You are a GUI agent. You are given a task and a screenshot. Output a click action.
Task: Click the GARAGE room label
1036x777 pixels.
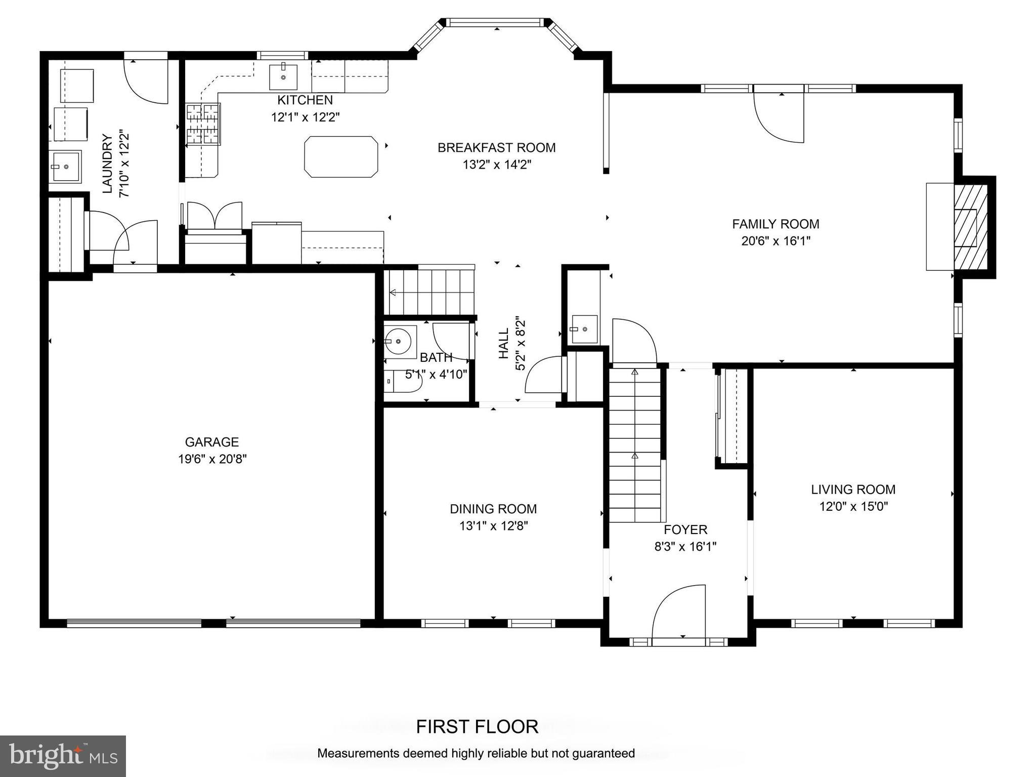tap(211, 442)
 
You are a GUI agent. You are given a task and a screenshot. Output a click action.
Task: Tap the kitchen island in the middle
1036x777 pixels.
tap(341, 156)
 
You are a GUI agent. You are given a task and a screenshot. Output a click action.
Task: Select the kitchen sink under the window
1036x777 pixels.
tap(283, 77)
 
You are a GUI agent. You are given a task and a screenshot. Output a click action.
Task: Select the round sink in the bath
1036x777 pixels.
tap(400, 343)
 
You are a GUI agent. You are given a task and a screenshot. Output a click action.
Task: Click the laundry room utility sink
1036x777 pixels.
tap(65, 166)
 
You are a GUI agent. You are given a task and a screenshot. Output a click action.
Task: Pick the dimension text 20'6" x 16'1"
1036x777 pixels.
tap(775, 241)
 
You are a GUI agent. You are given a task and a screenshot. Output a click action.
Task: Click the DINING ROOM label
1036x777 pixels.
tap(493, 509)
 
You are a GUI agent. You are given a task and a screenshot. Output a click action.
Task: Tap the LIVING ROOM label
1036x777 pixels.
tap(853, 489)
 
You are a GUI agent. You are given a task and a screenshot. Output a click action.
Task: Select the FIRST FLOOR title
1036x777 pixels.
tap(477, 727)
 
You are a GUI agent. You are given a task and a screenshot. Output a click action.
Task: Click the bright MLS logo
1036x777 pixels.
tap(63, 756)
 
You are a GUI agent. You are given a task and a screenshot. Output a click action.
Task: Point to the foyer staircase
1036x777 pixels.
tap(635, 445)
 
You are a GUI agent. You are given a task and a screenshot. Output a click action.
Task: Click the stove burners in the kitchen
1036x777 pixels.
tap(203, 124)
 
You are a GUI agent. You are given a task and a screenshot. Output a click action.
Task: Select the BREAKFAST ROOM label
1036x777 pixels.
tap(496, 148)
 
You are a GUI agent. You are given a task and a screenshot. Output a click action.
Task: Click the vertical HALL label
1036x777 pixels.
tap(503, 344)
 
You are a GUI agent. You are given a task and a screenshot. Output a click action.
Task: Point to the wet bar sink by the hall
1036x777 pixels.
tap(584, 329)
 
